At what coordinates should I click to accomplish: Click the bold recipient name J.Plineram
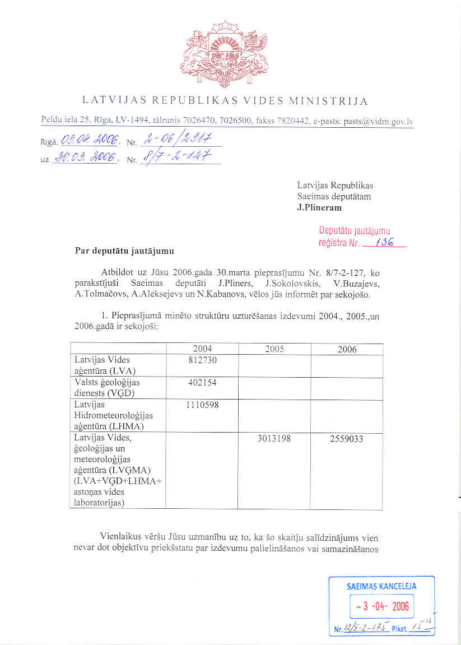click(319, 207)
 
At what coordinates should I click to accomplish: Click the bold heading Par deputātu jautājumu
click(124, 250)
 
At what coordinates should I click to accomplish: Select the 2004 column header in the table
click(202, 349)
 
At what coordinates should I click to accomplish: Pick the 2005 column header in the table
click(274, 349)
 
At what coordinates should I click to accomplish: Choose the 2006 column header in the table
click(347, 349)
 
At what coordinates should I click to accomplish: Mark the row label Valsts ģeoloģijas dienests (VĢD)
click(108, 388)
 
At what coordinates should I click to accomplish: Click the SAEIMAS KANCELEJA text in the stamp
click(381, 586)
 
